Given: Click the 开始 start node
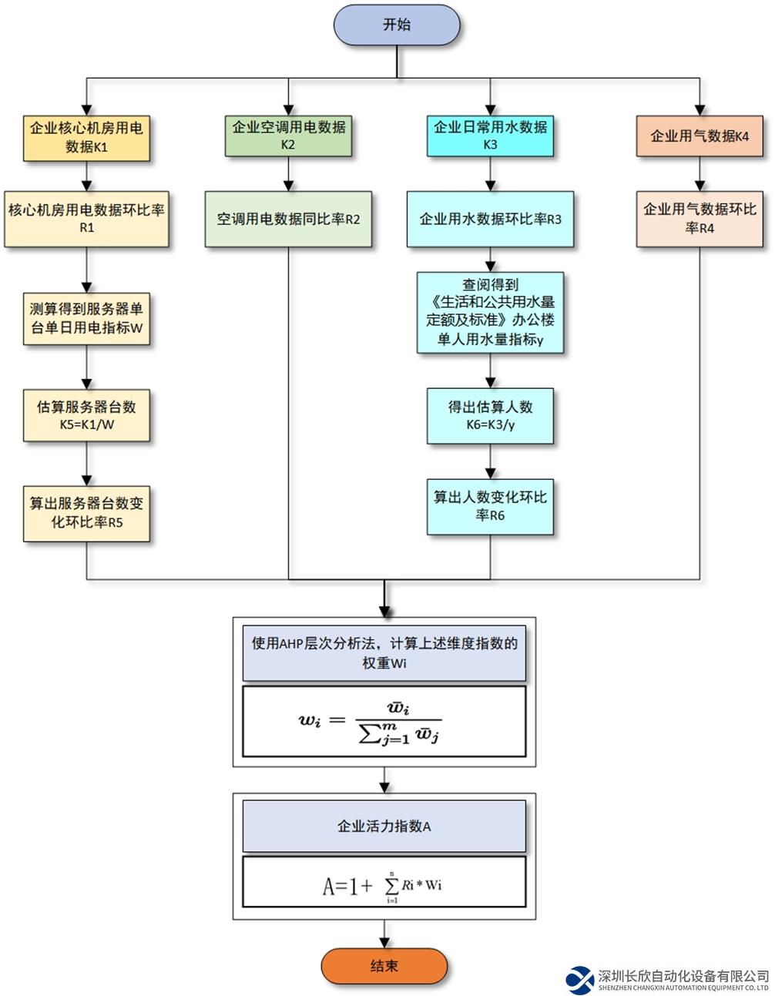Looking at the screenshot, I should coord(396,25).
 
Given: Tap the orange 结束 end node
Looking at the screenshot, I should coord(384,966).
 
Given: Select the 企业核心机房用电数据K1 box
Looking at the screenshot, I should coord(86,136).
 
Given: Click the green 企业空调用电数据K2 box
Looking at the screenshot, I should coord(288,136).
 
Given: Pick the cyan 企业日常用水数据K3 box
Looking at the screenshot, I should coord(490,136).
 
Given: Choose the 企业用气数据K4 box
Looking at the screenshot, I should coord(700,136).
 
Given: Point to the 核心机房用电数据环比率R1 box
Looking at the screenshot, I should coord(86,219).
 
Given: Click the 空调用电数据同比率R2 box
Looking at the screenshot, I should coord(288,220).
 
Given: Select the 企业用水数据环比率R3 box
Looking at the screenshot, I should coord(490,220).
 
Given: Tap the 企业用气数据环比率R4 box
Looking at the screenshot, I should coord(700,219).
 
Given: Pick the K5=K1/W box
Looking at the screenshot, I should coord(86,416).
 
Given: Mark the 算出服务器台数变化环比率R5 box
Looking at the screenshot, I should coord(86,513).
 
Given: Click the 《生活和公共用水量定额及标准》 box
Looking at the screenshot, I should coord(490,312).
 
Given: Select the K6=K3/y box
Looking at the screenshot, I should coord(490,416).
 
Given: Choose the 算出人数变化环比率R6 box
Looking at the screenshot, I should coord(490,507).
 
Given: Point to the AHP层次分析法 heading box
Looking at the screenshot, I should coord(384,652).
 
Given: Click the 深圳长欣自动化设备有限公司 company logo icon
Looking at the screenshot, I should coord(579,979).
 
